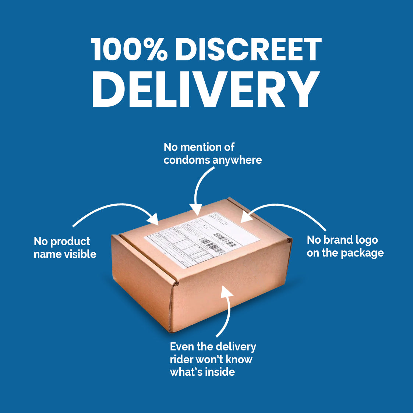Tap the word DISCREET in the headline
point(248,50)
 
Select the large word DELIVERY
point(205,88)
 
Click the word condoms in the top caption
point(187,160)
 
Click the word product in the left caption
point(70,241)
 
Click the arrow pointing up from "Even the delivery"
point(227,309)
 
